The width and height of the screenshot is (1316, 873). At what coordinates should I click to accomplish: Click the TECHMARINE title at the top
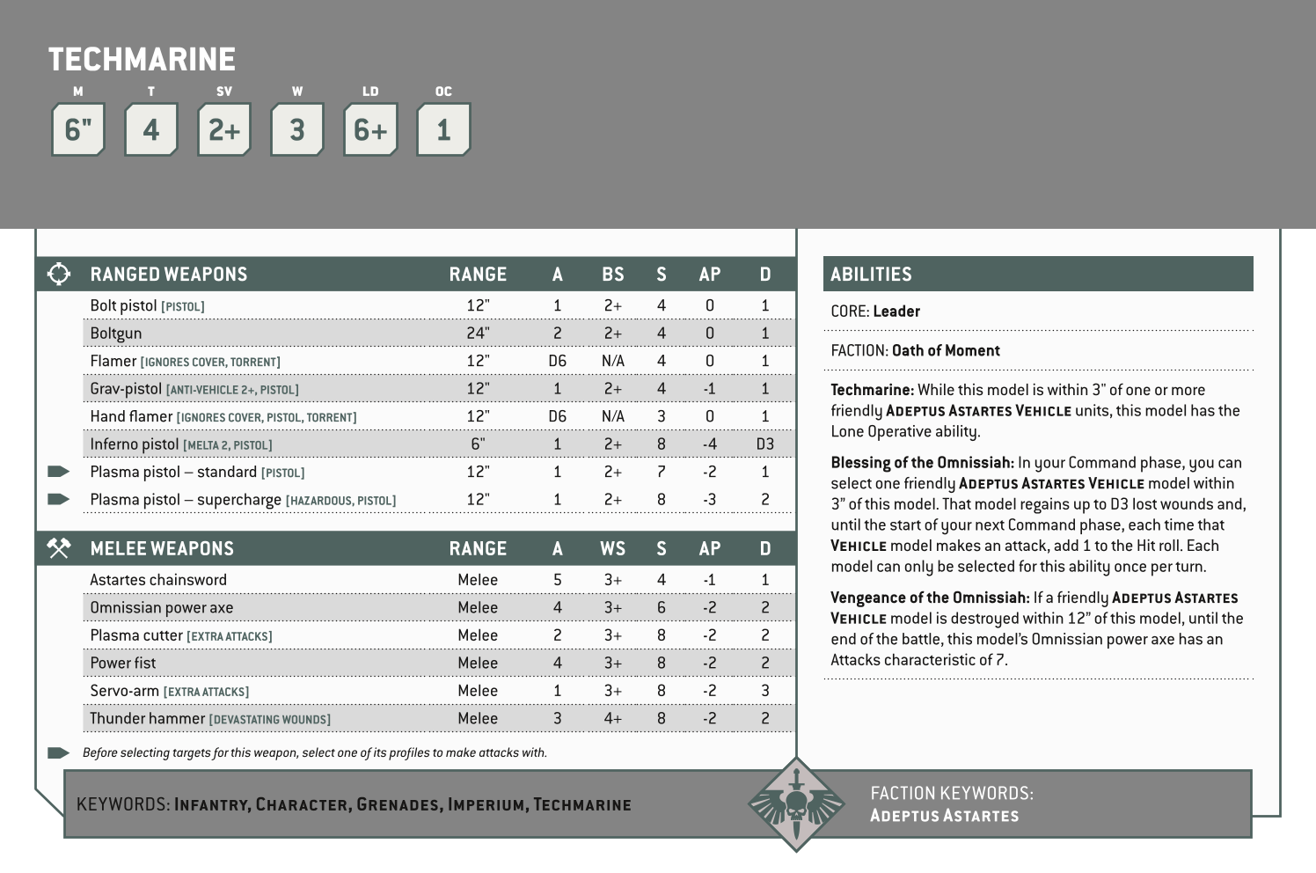(142, 60)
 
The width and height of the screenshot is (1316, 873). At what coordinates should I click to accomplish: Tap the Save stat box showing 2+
(224, 130)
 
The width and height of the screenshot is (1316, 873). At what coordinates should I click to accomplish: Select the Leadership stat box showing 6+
(370, 130)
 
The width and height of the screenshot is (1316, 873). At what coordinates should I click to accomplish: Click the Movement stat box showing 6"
(78, 130)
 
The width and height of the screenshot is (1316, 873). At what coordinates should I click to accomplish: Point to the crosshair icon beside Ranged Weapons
(59, 274)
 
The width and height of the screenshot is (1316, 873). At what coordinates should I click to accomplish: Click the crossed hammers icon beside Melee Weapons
(59, 548)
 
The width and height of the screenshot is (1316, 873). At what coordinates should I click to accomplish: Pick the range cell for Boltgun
(478, 334)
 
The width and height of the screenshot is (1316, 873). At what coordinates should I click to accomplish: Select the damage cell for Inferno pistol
(764, 444)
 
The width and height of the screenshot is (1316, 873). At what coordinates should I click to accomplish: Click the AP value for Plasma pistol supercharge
(709, 500)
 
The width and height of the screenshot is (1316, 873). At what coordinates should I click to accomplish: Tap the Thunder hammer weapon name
(148, 719)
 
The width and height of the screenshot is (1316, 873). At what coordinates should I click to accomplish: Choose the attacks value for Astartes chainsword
(557, 580)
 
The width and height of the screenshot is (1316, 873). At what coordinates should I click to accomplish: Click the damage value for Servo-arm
(764, 691)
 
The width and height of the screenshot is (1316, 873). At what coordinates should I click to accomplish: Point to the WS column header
(612, 548)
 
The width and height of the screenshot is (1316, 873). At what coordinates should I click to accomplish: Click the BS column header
(612, 274)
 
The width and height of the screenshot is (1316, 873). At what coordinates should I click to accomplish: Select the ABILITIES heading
(871, 274)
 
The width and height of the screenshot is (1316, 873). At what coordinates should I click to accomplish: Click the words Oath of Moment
(946, 350)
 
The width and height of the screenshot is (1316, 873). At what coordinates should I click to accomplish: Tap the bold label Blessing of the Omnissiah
(922, 463)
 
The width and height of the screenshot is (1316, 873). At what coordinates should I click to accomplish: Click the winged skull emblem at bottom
(795, 803)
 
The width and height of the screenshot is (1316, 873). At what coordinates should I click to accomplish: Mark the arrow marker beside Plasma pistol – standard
(59, 472)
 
